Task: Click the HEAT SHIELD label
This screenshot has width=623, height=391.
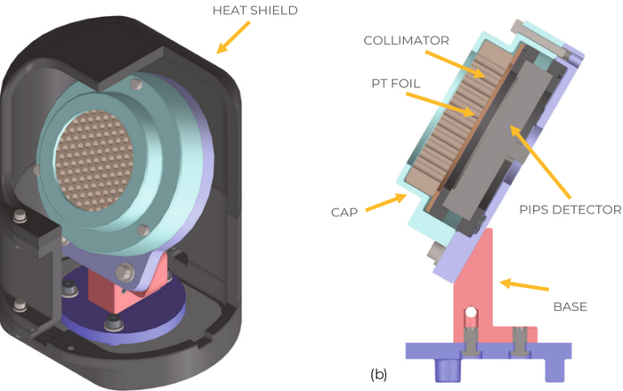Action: (x=255, y=11)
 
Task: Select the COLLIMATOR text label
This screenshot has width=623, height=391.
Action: (x=406, y=41)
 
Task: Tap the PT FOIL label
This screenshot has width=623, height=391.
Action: (x=396, y=84)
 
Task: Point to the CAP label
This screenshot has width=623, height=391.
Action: (x=344, y=212)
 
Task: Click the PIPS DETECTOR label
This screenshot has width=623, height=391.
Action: (x=570, y=209)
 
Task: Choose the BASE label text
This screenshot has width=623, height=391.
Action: (x=570, y=306)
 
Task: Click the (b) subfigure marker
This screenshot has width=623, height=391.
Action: (x=378, y=374)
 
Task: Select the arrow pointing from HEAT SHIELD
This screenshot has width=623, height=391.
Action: (x=233, y=37)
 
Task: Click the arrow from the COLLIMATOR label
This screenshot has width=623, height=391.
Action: (x=456, y=64)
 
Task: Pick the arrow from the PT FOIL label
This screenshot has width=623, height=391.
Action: (x=441, y=104)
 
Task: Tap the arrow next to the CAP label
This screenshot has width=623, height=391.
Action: (x=385, y=202)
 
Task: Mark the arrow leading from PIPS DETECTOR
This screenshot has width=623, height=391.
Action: (x=540, y=162)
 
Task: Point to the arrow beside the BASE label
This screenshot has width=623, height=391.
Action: (x=524, y=286)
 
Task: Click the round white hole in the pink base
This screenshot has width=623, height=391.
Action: (x=471, y=313)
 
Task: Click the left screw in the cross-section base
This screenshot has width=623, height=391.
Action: (x=471, y=342)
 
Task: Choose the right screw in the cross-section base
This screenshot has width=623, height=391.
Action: (x=520, y=342)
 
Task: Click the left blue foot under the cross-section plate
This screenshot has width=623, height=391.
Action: (x=449, y=370)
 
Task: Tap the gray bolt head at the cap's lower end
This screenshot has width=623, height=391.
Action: (x=434, y=252)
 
